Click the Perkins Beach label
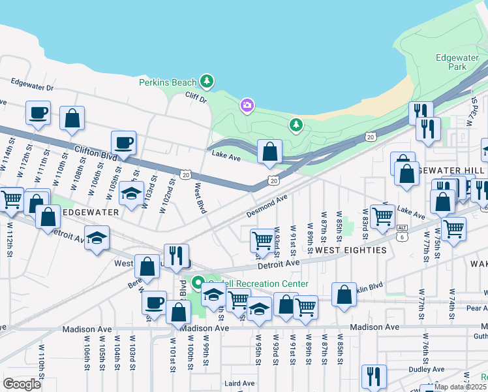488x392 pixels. (167, 82)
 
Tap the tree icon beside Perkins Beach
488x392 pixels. (207, 81)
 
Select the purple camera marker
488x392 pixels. (247, 105)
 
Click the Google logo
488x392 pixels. (22, 384)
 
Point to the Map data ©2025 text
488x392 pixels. (461, 387)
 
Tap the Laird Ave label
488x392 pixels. (239, 384)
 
